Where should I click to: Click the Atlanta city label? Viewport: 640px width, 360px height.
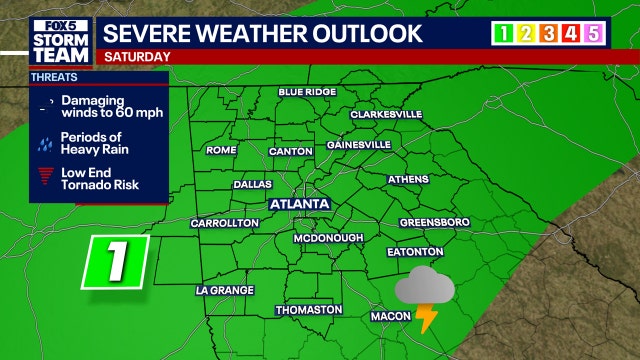(x=299, y=204)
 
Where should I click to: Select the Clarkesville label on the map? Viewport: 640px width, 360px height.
(x=386, y=115)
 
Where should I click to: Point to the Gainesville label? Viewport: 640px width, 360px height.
(x=357, y=145)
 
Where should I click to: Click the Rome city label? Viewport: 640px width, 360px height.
(x=220, y=151)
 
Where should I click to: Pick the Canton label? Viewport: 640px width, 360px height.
(x=292, y=152)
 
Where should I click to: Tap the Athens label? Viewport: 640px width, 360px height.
(x=407, y=181)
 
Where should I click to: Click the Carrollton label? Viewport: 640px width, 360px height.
(x=224, y=223)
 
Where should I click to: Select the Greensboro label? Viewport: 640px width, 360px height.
(x=434, y=222)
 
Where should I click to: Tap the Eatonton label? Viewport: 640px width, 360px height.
(x=415, y=252)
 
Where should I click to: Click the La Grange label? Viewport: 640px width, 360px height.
(x=225, y=291)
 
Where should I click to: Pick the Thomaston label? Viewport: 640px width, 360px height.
(x=309, y=310)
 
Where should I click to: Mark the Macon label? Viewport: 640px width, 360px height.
(x=390, y=317)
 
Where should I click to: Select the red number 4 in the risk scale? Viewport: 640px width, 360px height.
(x=569, y=34)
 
